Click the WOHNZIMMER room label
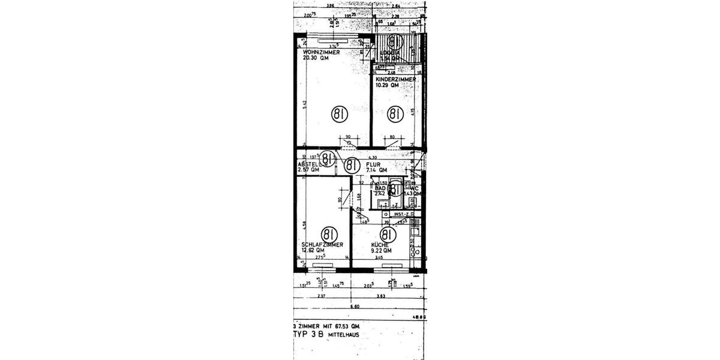tap(321, 52)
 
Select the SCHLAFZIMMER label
tap(322, 245)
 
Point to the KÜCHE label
tap(380, 245)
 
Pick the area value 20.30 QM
tap(316, 58)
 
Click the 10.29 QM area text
tap(387, 85)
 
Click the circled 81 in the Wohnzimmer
tap(340, 113)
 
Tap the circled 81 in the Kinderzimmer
tap(394, 113)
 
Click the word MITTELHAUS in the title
tap(343, 335)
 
